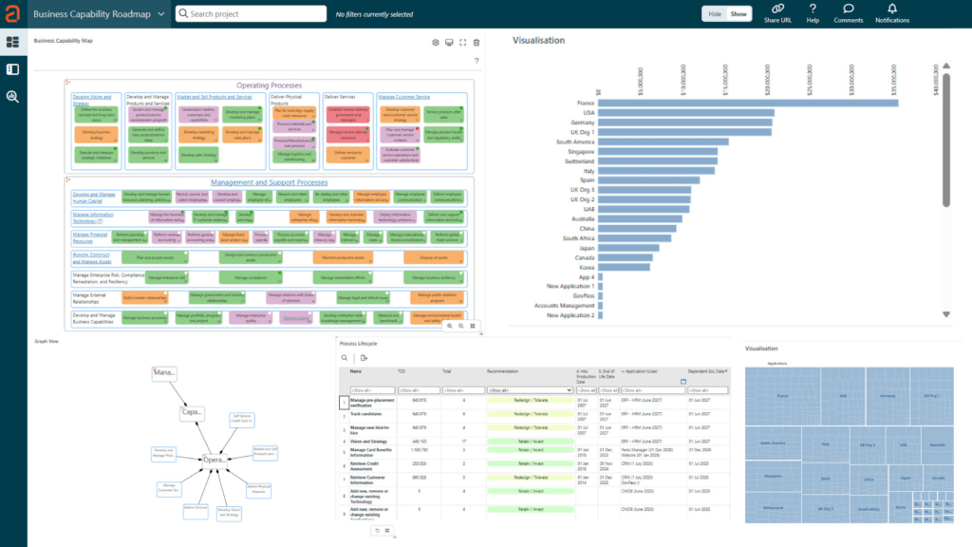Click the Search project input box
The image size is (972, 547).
[x=256, y=14]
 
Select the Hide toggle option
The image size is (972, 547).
[x=715, y=14]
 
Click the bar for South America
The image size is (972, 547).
[x=664, y=141]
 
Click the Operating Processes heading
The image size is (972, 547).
[x=269, y=85]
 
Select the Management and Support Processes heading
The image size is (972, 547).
[x=269, y=182]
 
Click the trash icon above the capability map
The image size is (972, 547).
[x=477, y=42]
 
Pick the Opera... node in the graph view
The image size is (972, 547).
[x=215, y=460]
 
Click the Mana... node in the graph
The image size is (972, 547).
[x=164, y=372]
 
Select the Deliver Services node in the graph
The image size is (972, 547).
[x=195, y=509]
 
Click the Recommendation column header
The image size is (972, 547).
[x=503, y=372]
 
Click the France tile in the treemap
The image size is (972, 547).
[x=782, y=395]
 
